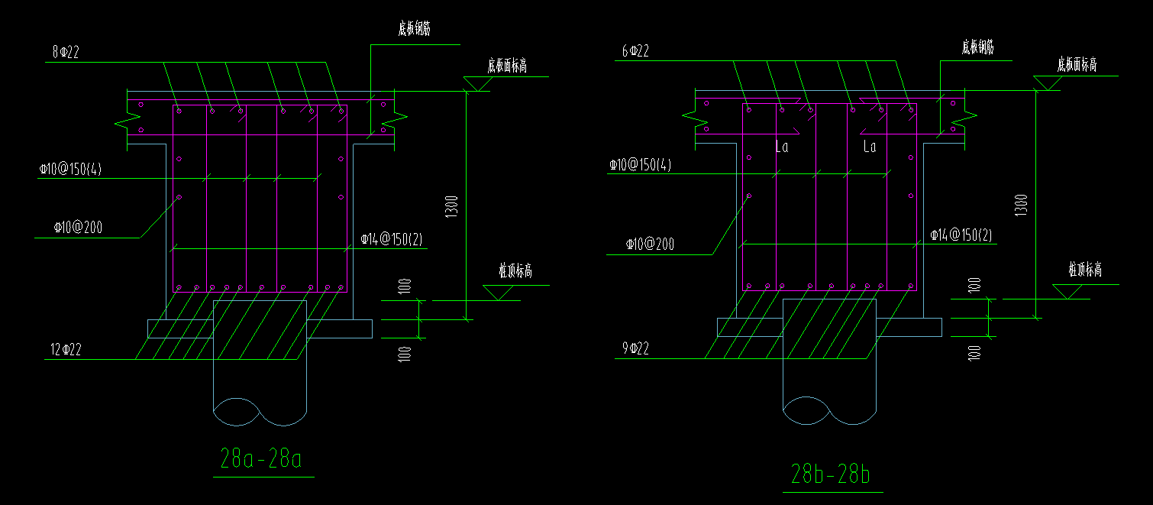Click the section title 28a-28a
261,460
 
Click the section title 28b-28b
831,475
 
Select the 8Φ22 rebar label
66,52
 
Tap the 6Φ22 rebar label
635,51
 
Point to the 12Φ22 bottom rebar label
66,351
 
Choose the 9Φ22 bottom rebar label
635,349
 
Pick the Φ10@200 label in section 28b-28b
650,244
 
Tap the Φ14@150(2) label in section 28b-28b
961,235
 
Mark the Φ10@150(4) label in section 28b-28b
640,165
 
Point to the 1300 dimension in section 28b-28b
1021,206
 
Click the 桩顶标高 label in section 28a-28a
515,271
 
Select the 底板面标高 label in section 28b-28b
1077,64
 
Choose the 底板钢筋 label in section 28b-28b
977,47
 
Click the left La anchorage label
781,147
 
